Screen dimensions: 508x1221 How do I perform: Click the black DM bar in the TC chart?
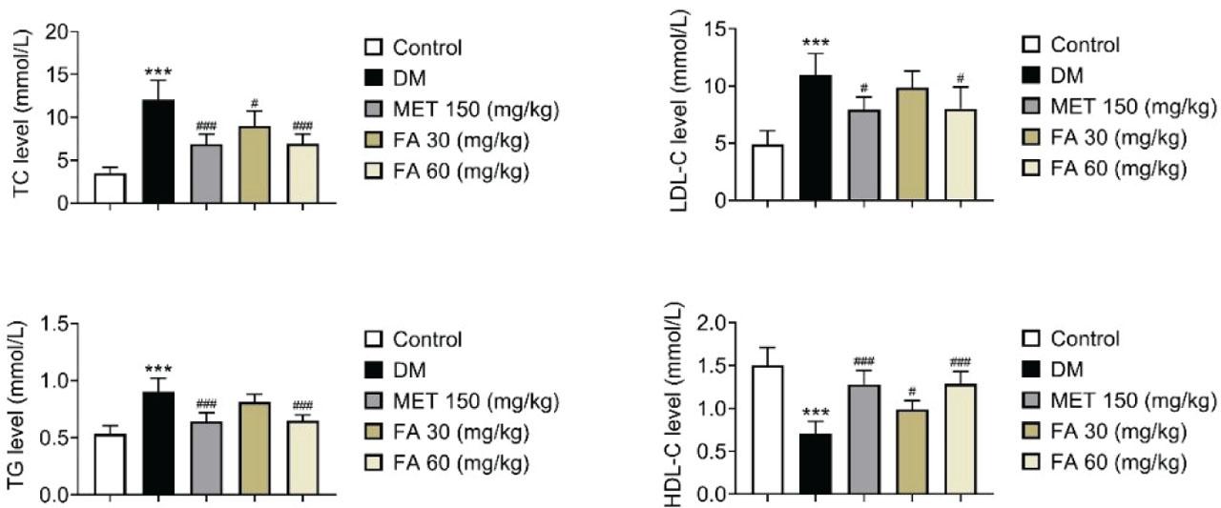(x=158, y=152)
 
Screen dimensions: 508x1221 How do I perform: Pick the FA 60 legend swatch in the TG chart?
(x=375, y=463)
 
